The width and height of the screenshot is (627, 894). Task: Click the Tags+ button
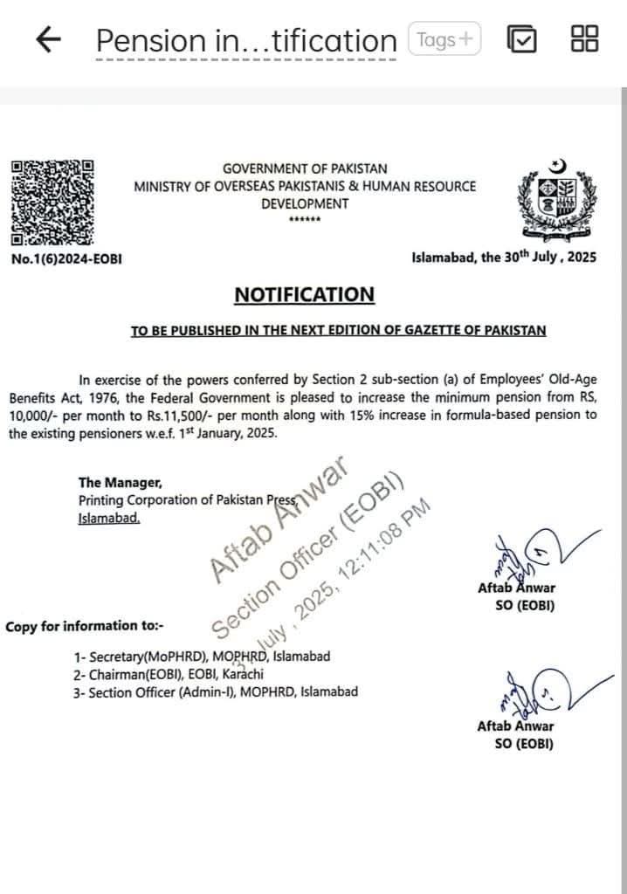444,40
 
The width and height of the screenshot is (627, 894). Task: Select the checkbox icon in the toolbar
521,40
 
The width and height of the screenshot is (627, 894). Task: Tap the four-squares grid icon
583,39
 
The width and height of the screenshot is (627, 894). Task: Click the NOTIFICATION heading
304,295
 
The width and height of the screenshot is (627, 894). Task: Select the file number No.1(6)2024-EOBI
66,258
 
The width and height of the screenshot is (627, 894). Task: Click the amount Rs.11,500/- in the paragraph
297,416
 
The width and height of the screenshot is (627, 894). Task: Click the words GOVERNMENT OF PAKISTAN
305,168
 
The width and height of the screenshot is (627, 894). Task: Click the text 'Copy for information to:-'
84,627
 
